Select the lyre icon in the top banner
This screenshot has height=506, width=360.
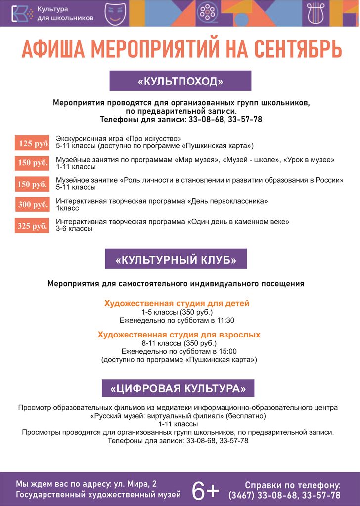[x=312, y=12]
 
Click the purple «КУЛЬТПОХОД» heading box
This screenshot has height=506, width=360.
[x=180, y=81]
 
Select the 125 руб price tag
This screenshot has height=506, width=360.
[x=32, y=144]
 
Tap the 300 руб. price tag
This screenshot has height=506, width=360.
[x=32, y=204]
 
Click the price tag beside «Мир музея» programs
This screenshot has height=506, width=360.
[x=32, y=163]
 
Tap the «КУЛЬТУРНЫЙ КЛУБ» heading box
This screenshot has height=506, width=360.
[x=176, y=259]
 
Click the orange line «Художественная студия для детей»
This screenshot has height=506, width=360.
[x=177, y=303]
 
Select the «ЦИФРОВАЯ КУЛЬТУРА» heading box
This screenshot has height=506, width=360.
[x=178, y=388]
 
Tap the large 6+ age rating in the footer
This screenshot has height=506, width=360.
[x=205, y=490]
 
